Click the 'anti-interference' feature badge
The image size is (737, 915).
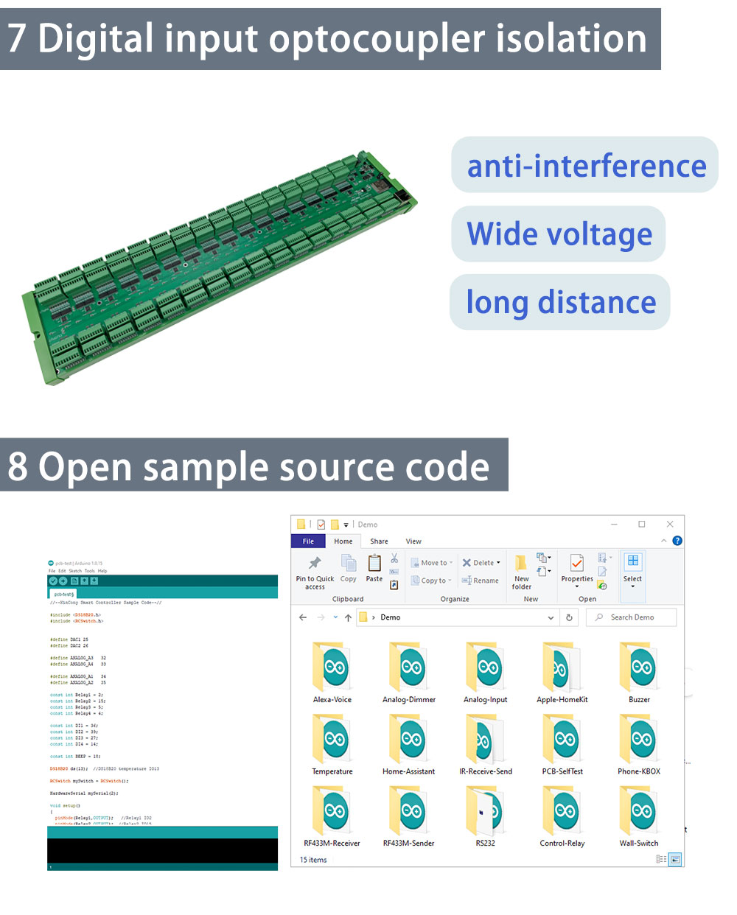tap(585, 165)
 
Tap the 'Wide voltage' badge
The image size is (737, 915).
tap(559, 234)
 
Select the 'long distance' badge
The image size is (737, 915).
tap(560, 302)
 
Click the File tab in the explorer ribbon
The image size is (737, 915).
tap(308, 541)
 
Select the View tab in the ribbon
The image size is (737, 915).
tap(413, 541)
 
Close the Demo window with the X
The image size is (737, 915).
tap(670, 524)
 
